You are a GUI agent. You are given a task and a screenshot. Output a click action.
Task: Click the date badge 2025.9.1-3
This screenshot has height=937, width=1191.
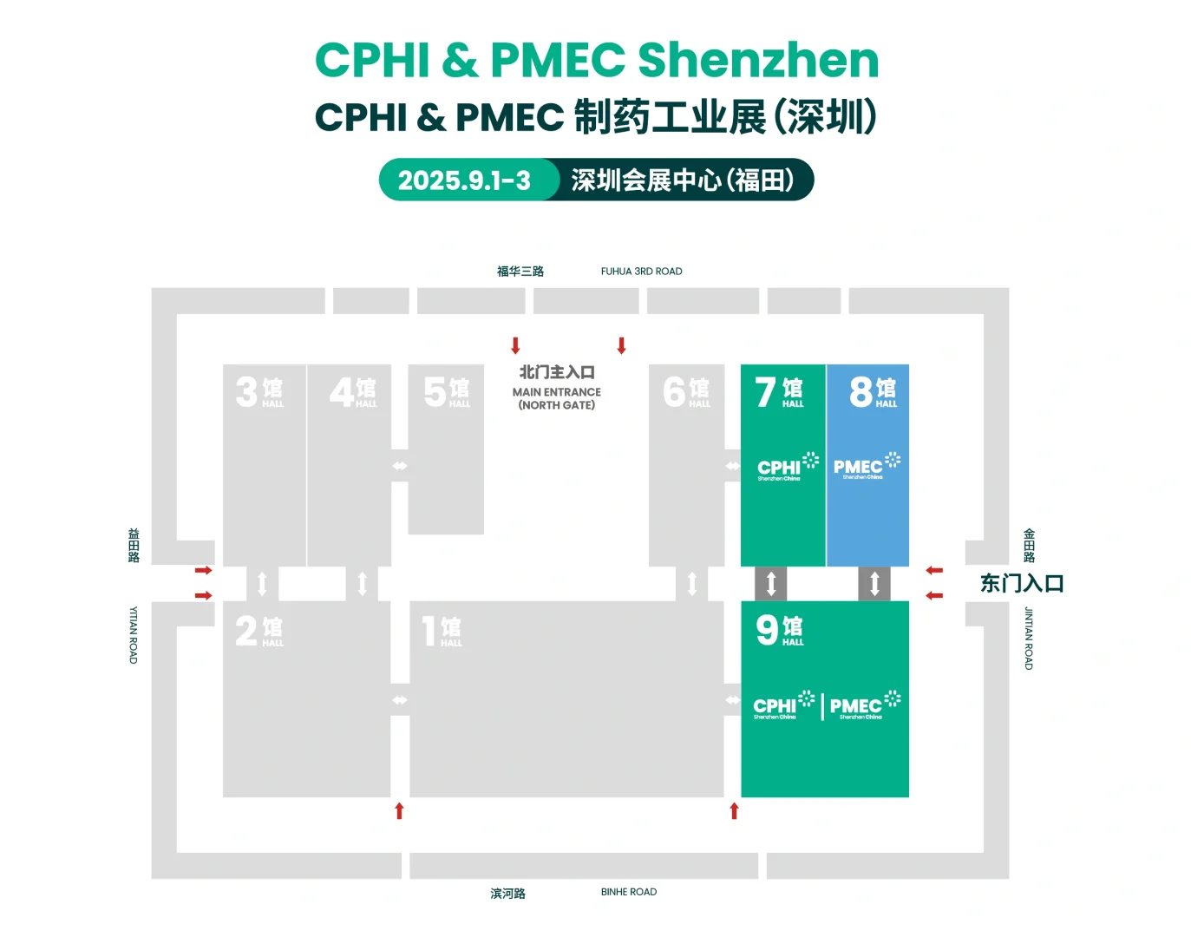click(465, 180)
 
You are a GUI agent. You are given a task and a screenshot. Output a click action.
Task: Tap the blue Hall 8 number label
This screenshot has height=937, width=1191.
click(873, 391)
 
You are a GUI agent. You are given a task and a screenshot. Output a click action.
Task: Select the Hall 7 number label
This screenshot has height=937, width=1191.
click(779, 391)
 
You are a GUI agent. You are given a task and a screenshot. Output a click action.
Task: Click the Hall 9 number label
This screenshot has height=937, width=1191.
click(779, 630)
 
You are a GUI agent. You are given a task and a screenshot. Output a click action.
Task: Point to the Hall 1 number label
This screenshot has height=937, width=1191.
click(442, 631)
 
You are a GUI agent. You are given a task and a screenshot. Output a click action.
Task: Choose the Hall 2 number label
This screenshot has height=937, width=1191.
click(258, 631)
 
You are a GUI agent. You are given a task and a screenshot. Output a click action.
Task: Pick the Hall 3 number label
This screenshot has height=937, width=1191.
click(258, 391)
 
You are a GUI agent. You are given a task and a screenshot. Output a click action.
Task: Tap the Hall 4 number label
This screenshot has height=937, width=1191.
click(352, 391)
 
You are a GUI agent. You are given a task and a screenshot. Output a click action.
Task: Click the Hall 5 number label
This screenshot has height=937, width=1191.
click(446, 391)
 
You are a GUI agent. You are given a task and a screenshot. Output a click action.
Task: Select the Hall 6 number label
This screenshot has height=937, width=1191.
click(685, 391)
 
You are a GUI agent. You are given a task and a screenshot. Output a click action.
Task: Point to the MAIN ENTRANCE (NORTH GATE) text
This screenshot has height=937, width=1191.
click(557, 398)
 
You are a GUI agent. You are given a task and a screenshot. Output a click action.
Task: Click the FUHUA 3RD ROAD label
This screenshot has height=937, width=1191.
click(641, 272)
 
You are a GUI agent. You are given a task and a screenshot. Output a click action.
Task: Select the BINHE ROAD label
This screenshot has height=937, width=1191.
click(628, 892)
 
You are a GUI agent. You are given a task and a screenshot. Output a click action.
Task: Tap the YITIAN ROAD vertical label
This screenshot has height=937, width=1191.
click(134, 635)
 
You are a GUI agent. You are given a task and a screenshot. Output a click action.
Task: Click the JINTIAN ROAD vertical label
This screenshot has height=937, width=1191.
click(1029, 638)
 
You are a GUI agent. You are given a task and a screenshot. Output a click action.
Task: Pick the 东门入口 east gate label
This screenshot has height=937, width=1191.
click(1022, 583)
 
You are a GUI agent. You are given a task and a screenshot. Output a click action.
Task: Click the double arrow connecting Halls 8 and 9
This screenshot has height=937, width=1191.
click(874, 583)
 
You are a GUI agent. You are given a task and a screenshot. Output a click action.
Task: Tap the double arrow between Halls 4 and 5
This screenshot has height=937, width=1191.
click(399, 466)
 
